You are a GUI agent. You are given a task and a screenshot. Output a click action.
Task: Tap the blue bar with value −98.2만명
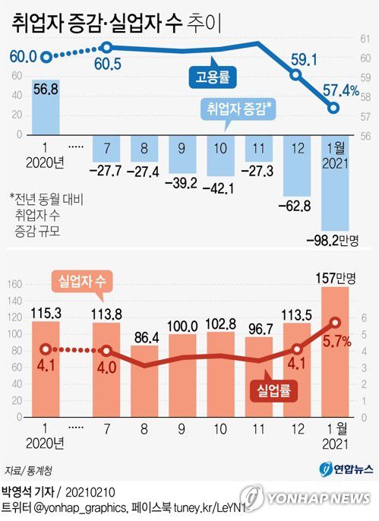point(334,182)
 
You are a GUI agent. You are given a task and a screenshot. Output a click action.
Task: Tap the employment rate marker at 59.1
point(297,74)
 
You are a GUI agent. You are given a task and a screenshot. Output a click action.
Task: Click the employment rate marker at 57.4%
point(333,108)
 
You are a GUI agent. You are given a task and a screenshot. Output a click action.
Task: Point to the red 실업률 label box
point(271,390)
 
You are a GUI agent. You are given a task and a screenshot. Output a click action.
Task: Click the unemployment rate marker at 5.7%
point(333,323)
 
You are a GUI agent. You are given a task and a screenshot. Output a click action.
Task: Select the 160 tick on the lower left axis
point(12,285)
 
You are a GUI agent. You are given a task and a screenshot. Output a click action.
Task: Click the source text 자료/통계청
point(22,471)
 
